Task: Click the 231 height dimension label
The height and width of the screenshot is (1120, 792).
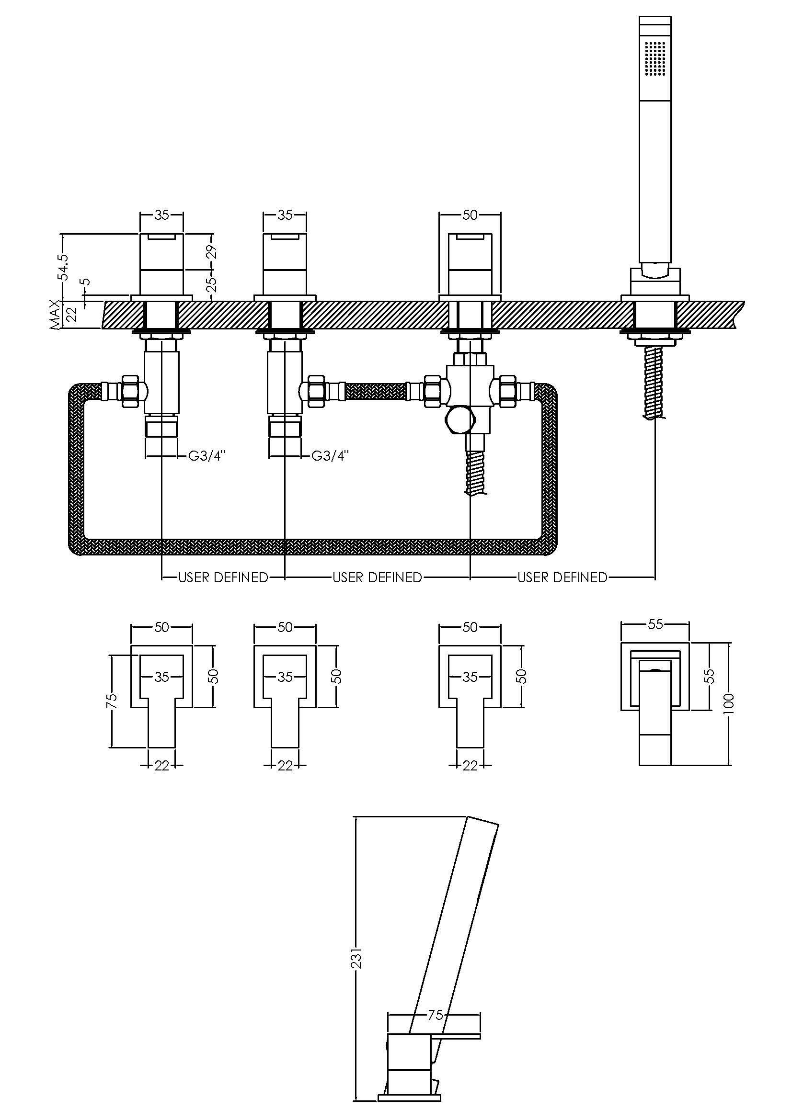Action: click(x=357, y=958)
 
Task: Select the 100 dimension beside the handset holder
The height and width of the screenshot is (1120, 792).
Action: click(x=729, y=703)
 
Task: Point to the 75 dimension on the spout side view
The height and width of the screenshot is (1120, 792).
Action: click(x=435, y=1015)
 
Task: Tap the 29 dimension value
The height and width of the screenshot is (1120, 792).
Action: click(x=212, y=252)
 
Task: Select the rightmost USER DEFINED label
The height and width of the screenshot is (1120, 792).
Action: click(x=562, y=577)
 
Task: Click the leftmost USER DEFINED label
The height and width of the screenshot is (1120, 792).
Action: click(x=223, y=577)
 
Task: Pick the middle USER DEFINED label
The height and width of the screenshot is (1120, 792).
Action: click(x=377, y=577)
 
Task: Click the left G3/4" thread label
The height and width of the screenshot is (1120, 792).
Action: click(x=207, y=456)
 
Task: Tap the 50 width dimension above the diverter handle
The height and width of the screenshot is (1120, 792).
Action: click(x=470, y=215)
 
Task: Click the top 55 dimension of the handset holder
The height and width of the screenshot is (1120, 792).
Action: click(x=655, y=624)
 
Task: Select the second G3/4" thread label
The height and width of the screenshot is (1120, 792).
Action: click(x=331, y=456)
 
